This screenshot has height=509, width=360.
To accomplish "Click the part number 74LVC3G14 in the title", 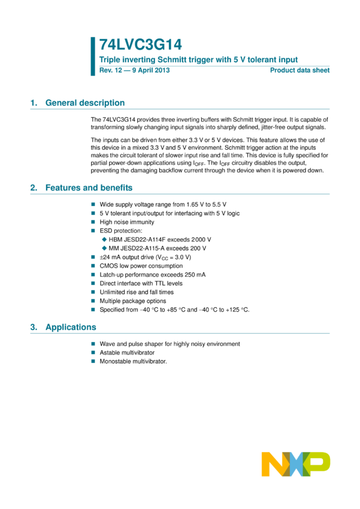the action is [x=140, y=44].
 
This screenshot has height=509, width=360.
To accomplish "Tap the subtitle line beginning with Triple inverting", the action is [x=198, y=59].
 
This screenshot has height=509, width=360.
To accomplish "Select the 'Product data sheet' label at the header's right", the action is [x=300, y=70].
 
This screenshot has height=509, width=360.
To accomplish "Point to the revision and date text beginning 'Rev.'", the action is [x=135, y=70].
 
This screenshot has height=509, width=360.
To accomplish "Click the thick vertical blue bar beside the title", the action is [x=93, y=56].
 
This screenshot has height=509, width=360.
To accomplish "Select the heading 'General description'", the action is [x=84, y=102].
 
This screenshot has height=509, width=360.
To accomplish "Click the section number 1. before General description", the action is [x=34, y=102].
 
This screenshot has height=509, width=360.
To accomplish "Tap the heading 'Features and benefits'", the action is [x=89, y=187].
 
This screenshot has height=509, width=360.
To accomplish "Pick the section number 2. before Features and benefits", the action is [x=34, y=187].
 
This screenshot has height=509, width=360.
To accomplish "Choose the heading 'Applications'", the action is [x=71, y=327].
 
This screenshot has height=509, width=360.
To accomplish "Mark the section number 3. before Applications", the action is [x=34, y=327].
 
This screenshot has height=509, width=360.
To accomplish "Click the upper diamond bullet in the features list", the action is [x=104, y=240].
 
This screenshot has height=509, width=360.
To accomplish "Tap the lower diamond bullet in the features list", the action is [x=104, y=248].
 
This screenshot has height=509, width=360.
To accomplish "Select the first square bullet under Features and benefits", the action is [x=93, y=204].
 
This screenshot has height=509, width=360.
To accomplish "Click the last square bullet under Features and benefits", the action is [x=93, y=310].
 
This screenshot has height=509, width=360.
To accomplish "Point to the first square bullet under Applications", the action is [x=93, y=344].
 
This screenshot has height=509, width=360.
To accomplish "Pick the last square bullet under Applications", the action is [x=93, y=361].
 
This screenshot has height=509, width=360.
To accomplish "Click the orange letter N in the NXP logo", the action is [x=273, y=464].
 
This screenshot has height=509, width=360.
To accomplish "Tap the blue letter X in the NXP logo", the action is [x=295, y=464].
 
